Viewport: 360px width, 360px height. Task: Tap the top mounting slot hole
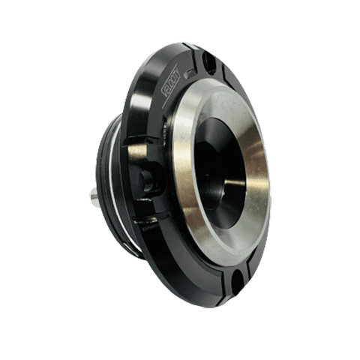(211, 63)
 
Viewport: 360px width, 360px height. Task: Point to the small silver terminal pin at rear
(95, 196)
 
